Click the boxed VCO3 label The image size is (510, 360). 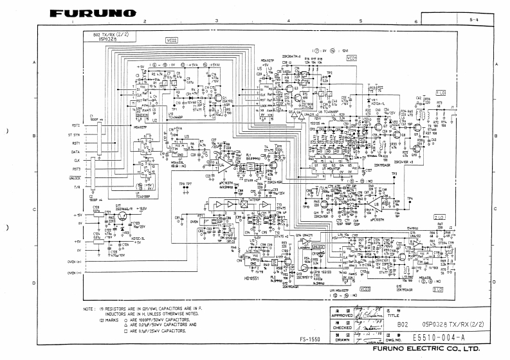click(x=365, y=289)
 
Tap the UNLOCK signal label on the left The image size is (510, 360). click(x=72, y=178)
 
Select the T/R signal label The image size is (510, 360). click(x=77, y=186)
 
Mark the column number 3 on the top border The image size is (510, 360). click(x=217, y=21)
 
